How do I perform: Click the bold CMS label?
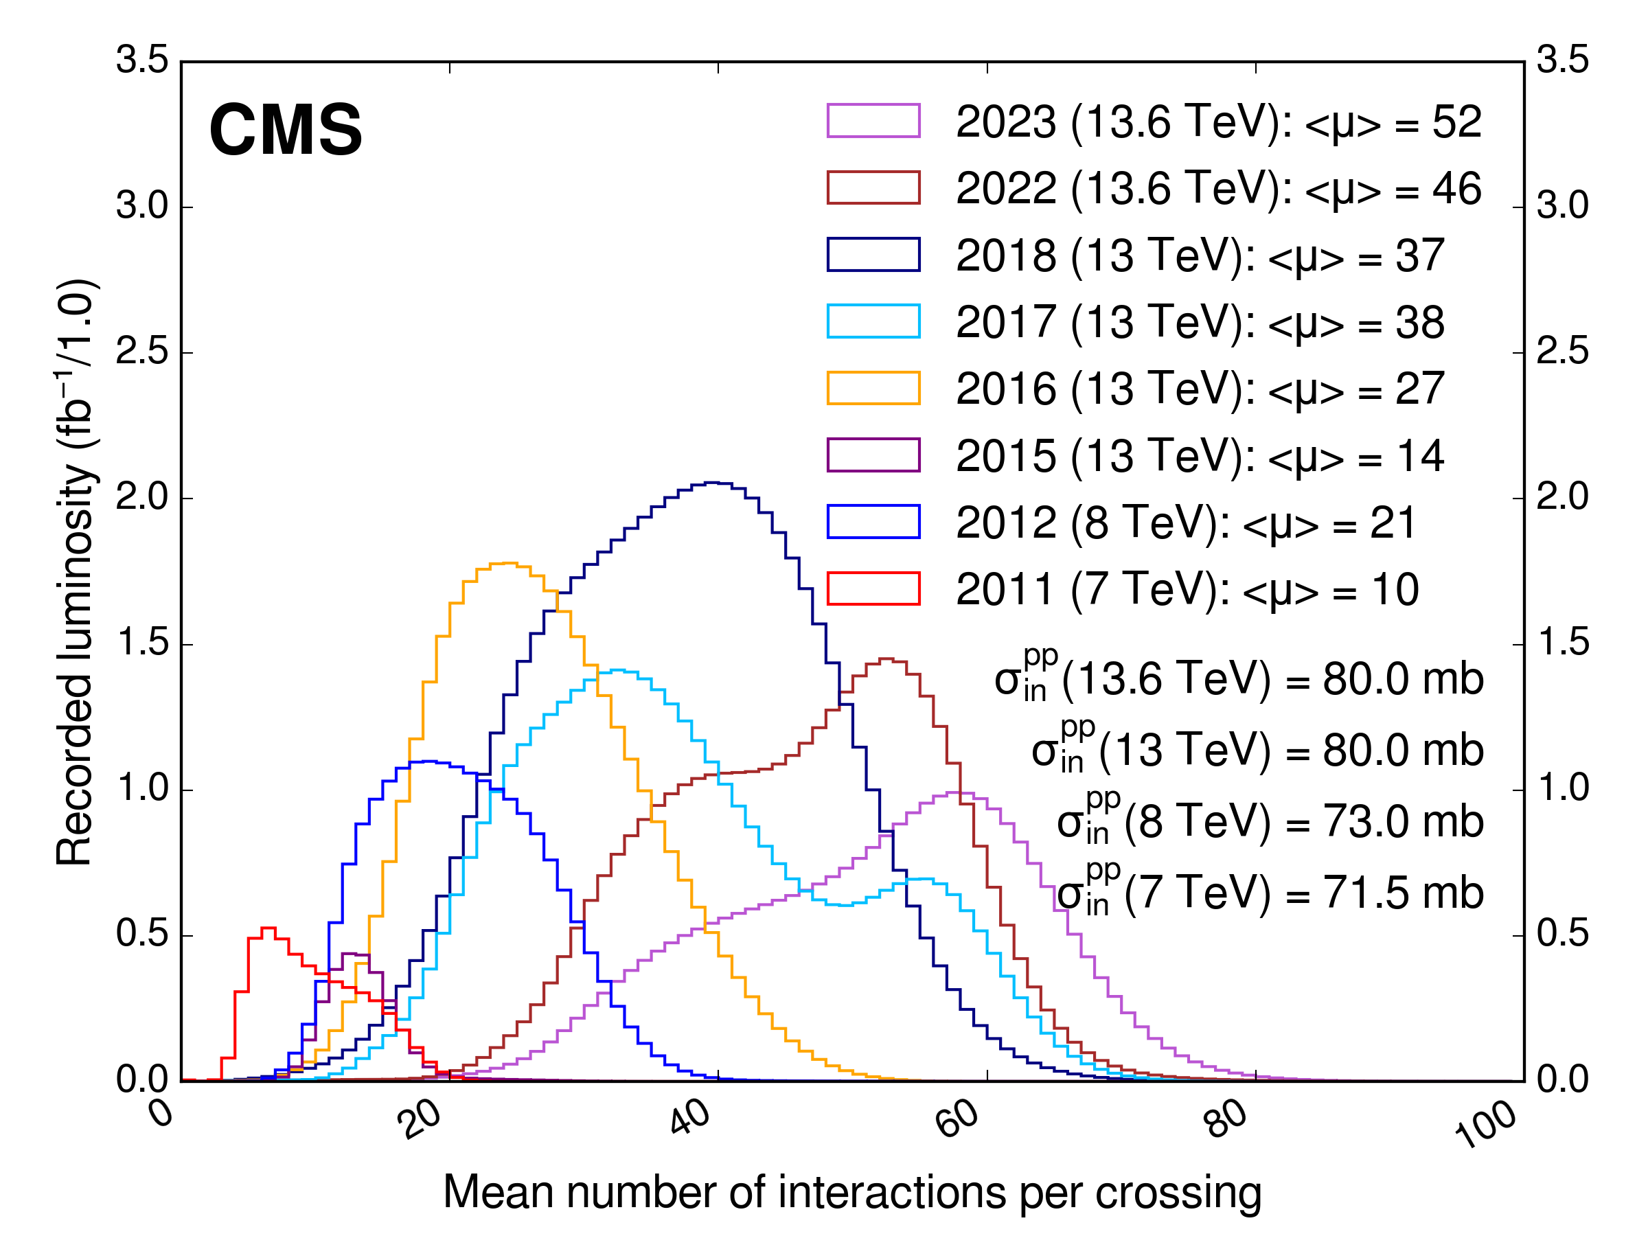tap(286, 130)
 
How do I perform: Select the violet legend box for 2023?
tap(873, 121)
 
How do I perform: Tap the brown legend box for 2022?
tap(873, 187)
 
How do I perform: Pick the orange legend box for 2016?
tap(873, 388)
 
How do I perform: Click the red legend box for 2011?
tap(873, 588)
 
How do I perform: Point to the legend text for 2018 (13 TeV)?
tap(1200, 255)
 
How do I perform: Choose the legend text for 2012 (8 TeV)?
tap(1185, 523)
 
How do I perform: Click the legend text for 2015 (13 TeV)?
tap(1200, 456)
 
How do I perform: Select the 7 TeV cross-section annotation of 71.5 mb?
tap(1270, 893)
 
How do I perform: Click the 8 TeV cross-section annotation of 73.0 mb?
tap(1270, 822)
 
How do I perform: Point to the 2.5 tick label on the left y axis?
tap(142, 352)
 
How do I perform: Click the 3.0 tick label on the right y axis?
tap(1562, 207)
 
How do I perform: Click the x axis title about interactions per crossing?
tap(852, 1191)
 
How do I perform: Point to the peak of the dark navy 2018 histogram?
tap(713, 483)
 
